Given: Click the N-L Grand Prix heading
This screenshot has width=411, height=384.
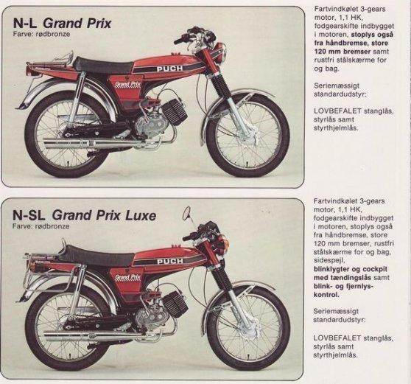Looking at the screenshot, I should tap(63, 24).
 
